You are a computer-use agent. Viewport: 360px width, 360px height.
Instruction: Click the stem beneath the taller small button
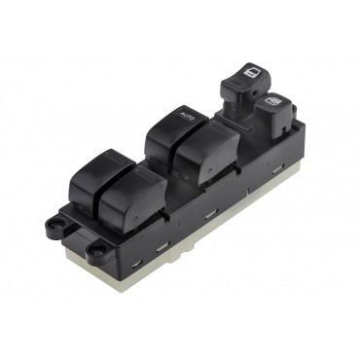[238, 98]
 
